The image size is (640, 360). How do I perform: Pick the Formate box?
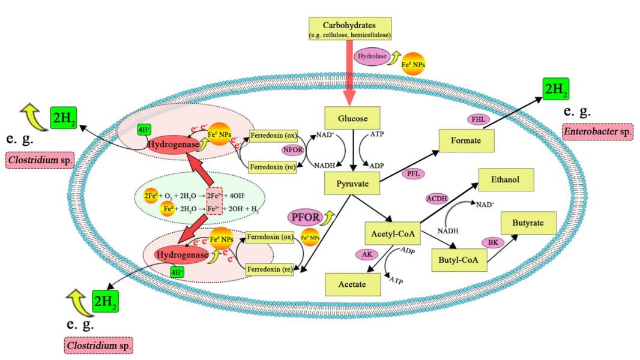tap(466, 140)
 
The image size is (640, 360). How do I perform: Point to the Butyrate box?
tap(528, 223)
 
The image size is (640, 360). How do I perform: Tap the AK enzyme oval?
tap(364, 254)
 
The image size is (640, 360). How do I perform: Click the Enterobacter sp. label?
tap(597, 131)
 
